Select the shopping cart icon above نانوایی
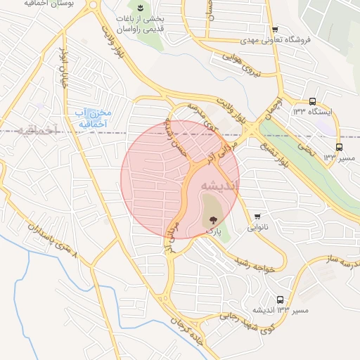click(258, 216)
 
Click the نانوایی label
click(258, 227)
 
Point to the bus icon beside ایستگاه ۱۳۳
click(312, 101)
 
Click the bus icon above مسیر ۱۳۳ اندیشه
click(281, 300)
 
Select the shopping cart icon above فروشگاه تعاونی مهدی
click(274, 29)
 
